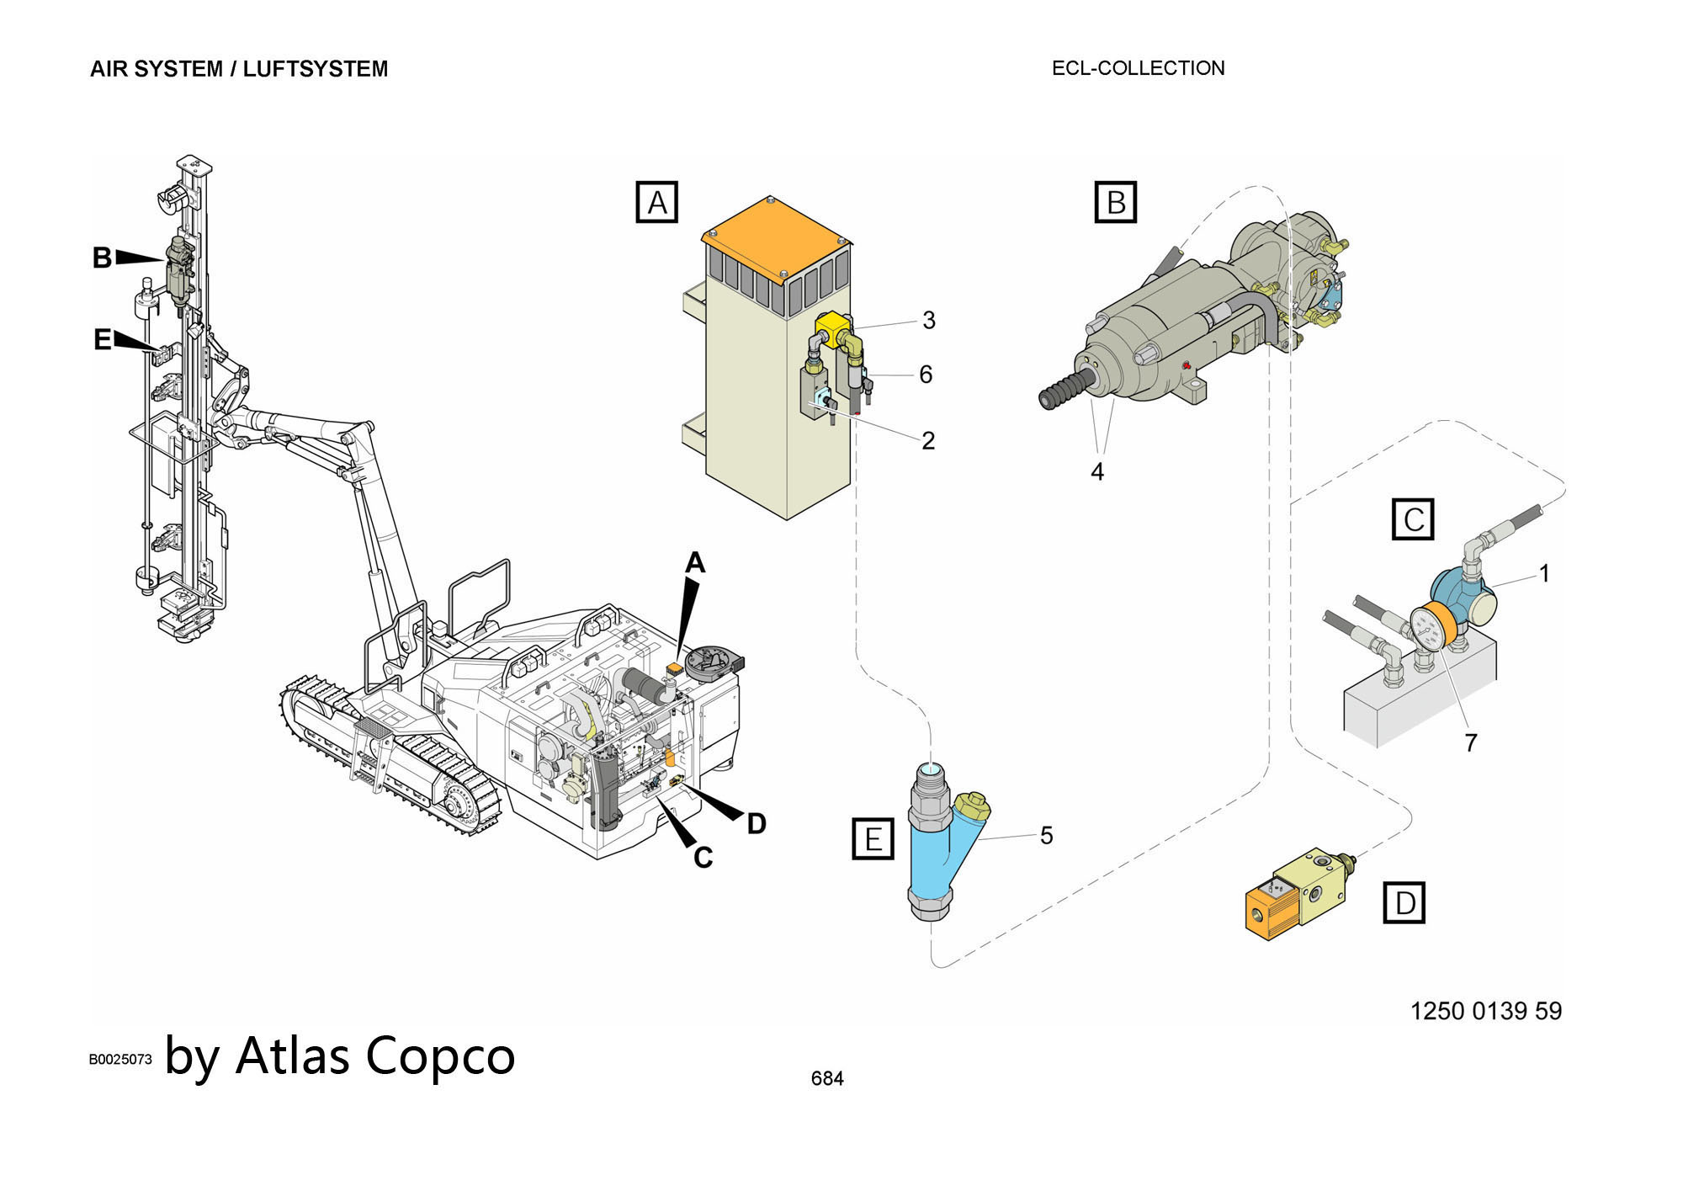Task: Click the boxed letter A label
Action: pyautogui.click(x=657, y=202)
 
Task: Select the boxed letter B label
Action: pyautogui.click(x=1115, y=202)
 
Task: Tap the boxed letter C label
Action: pyautogui.click(x=1413, y=519)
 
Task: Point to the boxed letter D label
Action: pyautogui.click(x=1404, y=902)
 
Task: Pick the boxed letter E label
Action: pyautogui.click(x=873, y=838)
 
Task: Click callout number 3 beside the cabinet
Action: pyautogui.click(x=928, y=320)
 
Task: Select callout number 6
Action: pyautogui.click(x=926, y=375)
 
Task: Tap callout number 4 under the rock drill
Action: pyautogui.click(x=1096, y=472)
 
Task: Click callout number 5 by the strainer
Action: pyautogui.click(x=1046, y=835)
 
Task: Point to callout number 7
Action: pyautogui.click(x=1470, y=742)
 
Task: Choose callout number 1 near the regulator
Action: pyautogui.click(x=1544, y=573)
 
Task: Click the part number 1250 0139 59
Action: pyautogui.click(x=1485, y=1011)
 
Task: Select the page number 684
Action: pyautogui.click(x=827, y=1078)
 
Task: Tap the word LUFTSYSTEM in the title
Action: pyautogui.click(x=316, y=69)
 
